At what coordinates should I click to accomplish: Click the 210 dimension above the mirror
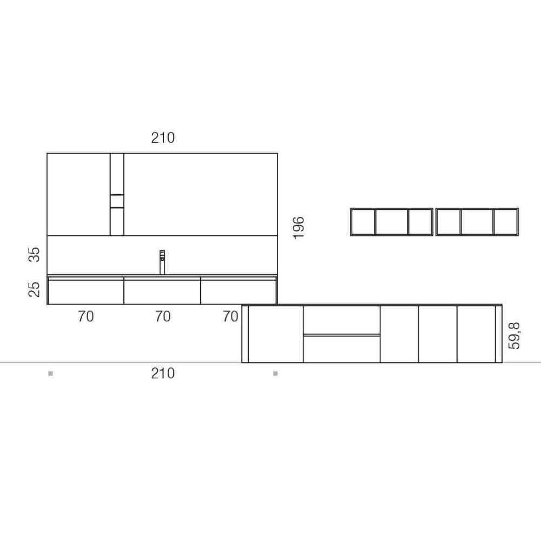163,137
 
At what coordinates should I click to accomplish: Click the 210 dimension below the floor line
163,373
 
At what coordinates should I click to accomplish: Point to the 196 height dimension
299,228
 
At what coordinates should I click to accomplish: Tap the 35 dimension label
34,255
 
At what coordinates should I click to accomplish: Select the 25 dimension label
34,289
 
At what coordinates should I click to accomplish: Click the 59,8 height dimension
514,336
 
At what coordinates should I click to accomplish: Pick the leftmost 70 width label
85,316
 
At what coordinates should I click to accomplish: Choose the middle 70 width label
163,316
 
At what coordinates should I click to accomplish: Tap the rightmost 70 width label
230,316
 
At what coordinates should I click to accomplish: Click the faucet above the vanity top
162,262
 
